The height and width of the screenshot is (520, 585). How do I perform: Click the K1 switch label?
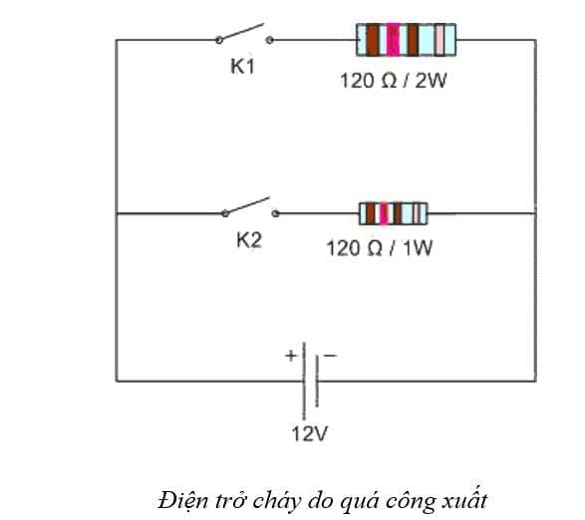[x=243, y=68]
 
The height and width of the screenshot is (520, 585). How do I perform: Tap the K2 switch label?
[x=248, y=240]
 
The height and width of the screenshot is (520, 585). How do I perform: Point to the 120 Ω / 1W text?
[x=380, y=247]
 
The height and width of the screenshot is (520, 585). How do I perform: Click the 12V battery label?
[x=309, y=434]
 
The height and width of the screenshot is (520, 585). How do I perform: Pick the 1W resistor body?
[x=393, y=212]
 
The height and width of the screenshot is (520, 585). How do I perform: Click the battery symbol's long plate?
[x=304, y=380]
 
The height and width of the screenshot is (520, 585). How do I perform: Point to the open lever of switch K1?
[x=243, y=32]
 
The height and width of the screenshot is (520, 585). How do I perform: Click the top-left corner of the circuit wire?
[x=117, y=40]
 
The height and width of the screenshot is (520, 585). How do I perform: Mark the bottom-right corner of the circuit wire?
[x=535, y=380]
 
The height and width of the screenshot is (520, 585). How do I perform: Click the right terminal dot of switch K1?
[x=270, y=40]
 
